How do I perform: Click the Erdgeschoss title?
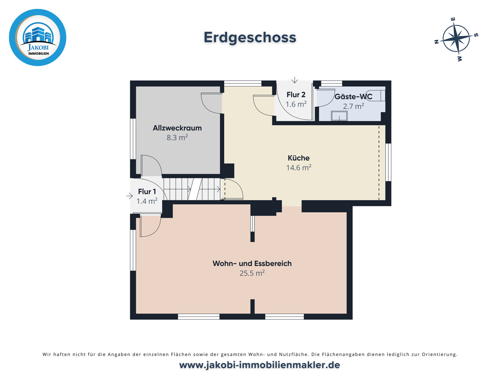click(250, 37)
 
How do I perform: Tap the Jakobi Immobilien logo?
click(37, 37)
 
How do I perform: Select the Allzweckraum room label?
click(177, 128)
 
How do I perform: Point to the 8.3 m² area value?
click(177, 138)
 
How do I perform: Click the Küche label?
click(299, 158)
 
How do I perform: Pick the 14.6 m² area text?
click(299, 168)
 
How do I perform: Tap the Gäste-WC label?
click(353, 97)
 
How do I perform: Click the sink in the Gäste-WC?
click(339, 116)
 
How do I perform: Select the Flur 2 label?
click(296, 95)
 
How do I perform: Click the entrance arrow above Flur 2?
click(294, 80)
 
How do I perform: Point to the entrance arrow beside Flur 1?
click(129, 196)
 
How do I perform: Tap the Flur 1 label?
click(147, 192)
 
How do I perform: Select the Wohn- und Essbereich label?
click(252, 264)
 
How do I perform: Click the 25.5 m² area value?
click(252, 273)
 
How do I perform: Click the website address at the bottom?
click(259, 365)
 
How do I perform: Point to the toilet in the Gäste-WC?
click(379, 96)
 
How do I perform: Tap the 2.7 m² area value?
click(353, 106)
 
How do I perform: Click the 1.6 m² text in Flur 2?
click(296, 104)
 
